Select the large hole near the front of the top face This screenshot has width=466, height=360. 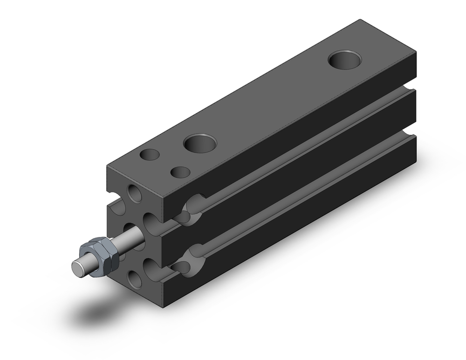200,143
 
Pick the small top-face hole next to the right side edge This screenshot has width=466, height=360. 180,172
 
